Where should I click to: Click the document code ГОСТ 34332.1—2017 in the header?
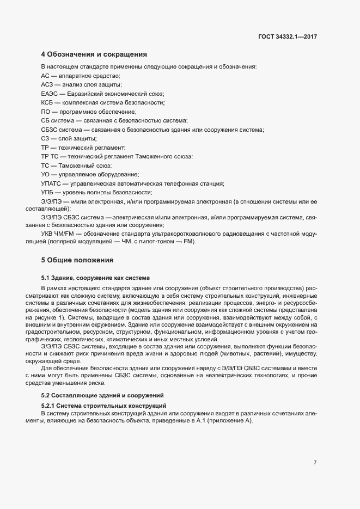pyautogui.click(x=288, y=37)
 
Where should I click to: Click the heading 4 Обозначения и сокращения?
pyautogui.click(x=94, y=54)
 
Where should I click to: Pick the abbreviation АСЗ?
pyautogui.click(x=47, y=84)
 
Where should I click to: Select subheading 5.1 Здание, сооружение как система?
pyautogui.click(x=95, y=278)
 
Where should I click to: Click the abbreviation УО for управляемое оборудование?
pyautogui.click(x=45, y=174)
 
